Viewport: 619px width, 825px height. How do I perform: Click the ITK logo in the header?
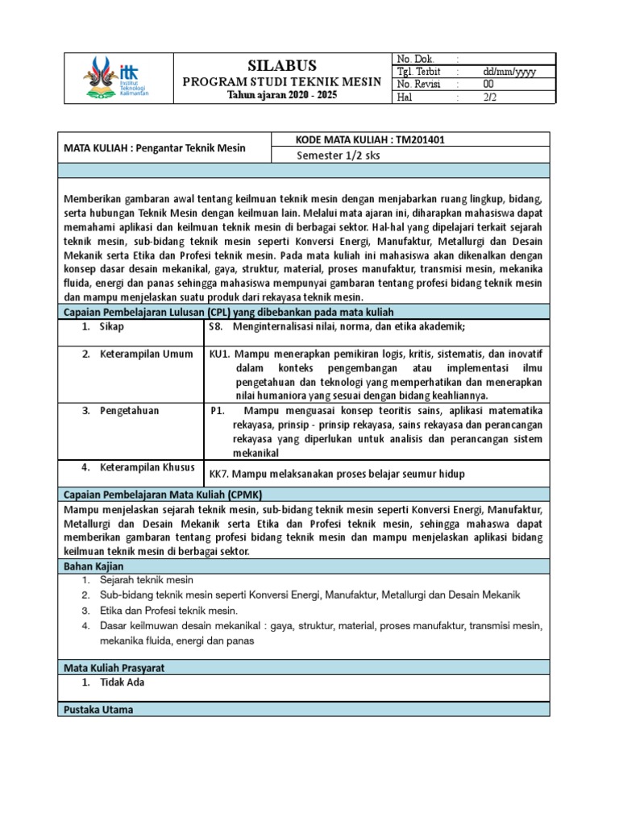point(118,78)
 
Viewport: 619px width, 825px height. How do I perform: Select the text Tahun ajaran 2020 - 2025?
point(280,96)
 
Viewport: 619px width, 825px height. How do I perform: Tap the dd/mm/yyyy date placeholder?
point(509,72)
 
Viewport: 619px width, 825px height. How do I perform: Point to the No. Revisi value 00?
point(488,85)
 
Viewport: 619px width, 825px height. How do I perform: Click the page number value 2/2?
point(490,97)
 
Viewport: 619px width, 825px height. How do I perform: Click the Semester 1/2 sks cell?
point(339,155)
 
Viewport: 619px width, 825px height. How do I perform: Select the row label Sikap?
point(112,327)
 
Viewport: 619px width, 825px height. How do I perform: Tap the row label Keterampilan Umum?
point(146,354)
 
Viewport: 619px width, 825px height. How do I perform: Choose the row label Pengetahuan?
point(130,411)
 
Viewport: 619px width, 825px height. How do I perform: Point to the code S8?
point(215,327)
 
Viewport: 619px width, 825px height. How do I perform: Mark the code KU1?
point(220,354)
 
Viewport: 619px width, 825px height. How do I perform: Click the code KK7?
point(219,474)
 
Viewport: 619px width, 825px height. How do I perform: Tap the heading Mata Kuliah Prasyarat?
point(114,668)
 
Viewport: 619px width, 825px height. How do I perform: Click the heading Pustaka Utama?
point(98,710)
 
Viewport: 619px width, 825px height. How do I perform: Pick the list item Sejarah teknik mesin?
point(147,580)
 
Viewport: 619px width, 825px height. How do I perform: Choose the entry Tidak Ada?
point(123,682)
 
